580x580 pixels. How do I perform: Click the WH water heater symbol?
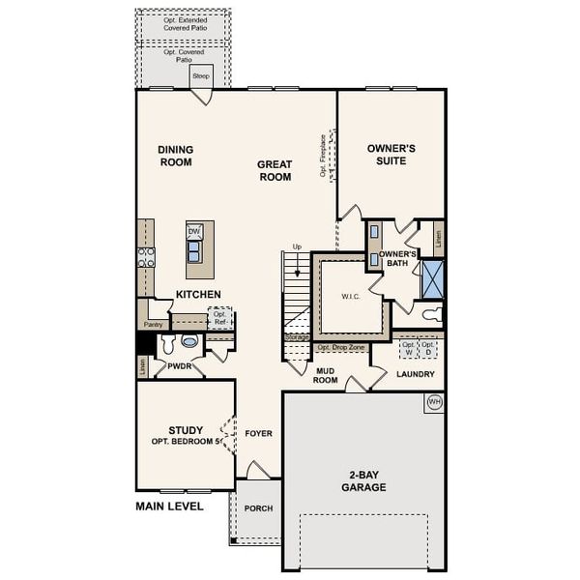433,401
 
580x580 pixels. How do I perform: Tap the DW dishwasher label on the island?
194,232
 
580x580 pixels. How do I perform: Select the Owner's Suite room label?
391,155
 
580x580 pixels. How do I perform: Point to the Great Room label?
275,171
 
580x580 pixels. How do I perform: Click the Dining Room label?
176,156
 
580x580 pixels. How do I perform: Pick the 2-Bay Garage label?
362,481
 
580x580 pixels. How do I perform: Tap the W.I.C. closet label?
350,297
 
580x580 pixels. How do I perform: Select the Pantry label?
153,325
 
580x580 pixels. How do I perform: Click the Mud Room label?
325,375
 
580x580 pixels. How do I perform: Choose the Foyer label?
258,433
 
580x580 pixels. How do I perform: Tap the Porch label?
258,508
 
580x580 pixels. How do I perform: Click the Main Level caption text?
169,506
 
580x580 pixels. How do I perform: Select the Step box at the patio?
201,75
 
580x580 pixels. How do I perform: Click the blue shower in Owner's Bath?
431,278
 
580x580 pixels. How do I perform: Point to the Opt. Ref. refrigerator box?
221,318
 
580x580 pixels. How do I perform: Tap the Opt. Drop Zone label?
340,347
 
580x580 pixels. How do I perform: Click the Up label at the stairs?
298,247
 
